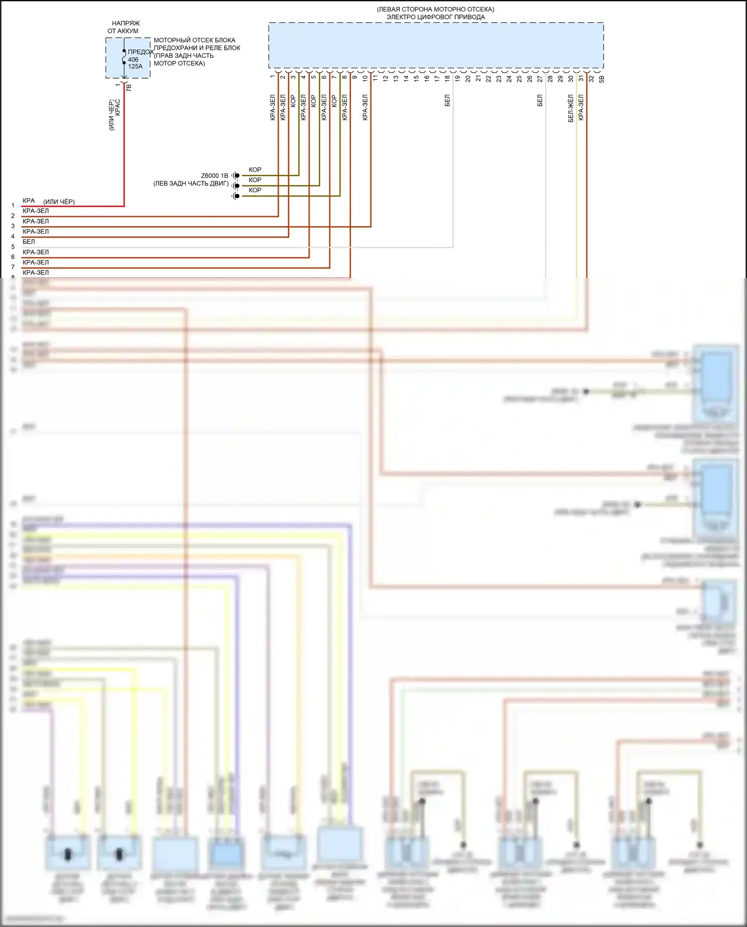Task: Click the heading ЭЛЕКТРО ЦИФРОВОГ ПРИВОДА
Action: (436, 17)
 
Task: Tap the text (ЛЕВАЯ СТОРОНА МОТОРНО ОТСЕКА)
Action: (436, 9)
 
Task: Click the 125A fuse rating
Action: (135, 66)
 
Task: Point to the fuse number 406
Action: (133, 60)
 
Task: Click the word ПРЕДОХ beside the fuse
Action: (141, 52)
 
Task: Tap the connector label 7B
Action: (129, 87)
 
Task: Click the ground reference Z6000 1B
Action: (215, 176)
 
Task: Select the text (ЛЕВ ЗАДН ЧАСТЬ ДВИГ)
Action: (191, 183)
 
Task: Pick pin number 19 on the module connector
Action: (457, 78)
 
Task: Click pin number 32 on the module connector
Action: (591, 78)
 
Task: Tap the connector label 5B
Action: (602, 79)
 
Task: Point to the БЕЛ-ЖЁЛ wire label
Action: (571, 109)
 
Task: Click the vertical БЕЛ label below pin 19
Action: (447, 101)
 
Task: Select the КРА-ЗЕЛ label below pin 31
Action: (581, 108)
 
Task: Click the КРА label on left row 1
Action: (28, 201)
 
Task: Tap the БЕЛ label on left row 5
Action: (28, 242)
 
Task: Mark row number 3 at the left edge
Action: (13, 226)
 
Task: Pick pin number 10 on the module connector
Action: (365, 78)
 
